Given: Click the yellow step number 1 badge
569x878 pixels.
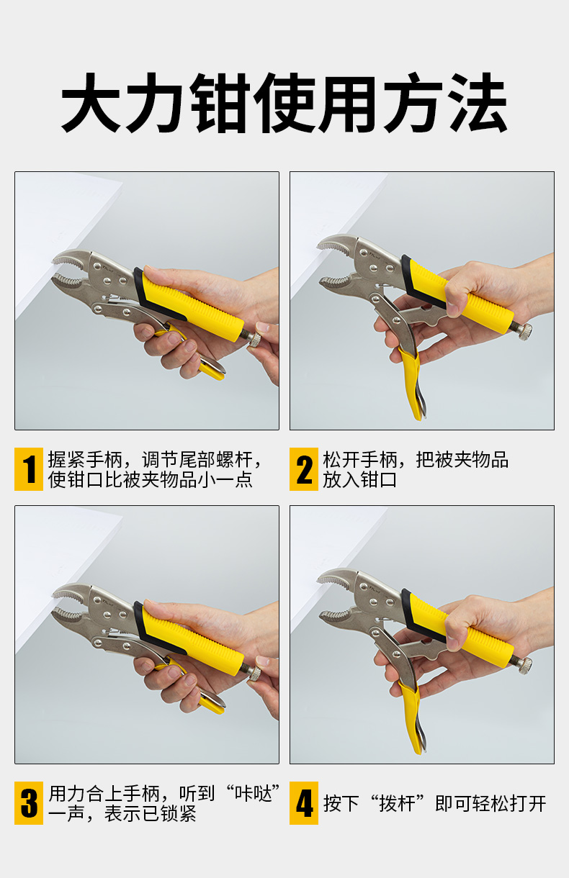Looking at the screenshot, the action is (x=29, y=469).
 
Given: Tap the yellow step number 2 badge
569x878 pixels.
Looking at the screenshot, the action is (x=304, y=469).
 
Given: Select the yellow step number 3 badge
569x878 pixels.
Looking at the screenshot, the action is (x=29, y=803).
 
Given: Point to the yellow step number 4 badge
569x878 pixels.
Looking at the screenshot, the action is (x=304, y=803).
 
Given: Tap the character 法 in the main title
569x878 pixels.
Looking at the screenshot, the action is (x=477, y=103).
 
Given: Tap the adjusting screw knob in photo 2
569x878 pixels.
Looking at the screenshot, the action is (x=524, y=332).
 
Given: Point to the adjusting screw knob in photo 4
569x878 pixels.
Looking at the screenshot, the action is (x=524, y=666).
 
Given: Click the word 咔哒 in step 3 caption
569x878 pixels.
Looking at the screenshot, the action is (x=254, y=794).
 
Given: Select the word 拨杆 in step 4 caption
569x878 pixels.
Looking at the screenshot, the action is (x=397, y=804).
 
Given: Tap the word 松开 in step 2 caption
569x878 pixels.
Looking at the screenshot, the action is (x=341, y=459).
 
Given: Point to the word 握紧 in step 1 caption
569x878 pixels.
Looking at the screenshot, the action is (x=67, y=459).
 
